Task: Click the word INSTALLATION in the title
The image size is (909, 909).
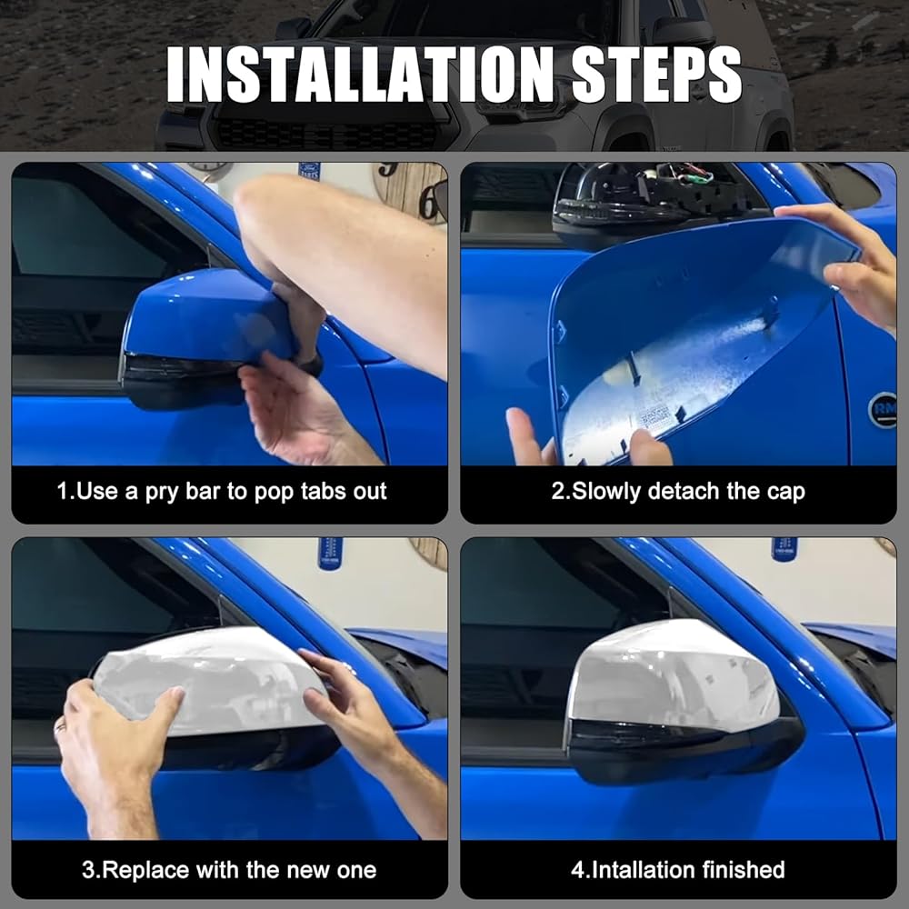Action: point(363,75)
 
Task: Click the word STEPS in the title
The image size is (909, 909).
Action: point(656,75)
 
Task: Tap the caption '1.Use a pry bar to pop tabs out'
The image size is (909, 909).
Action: point(222,492)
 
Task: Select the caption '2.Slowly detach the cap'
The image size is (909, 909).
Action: point(678,492)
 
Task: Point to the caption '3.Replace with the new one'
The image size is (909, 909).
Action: point(229,870)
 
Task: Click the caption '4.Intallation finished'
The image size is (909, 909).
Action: point(678,870)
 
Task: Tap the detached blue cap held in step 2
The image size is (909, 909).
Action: point(695,336)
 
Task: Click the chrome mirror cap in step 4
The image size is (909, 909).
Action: point(673,675)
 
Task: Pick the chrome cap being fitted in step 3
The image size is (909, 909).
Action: point(209,681)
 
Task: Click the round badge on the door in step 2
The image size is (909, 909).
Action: point(884,410)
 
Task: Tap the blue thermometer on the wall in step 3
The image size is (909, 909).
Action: point(331,554)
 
